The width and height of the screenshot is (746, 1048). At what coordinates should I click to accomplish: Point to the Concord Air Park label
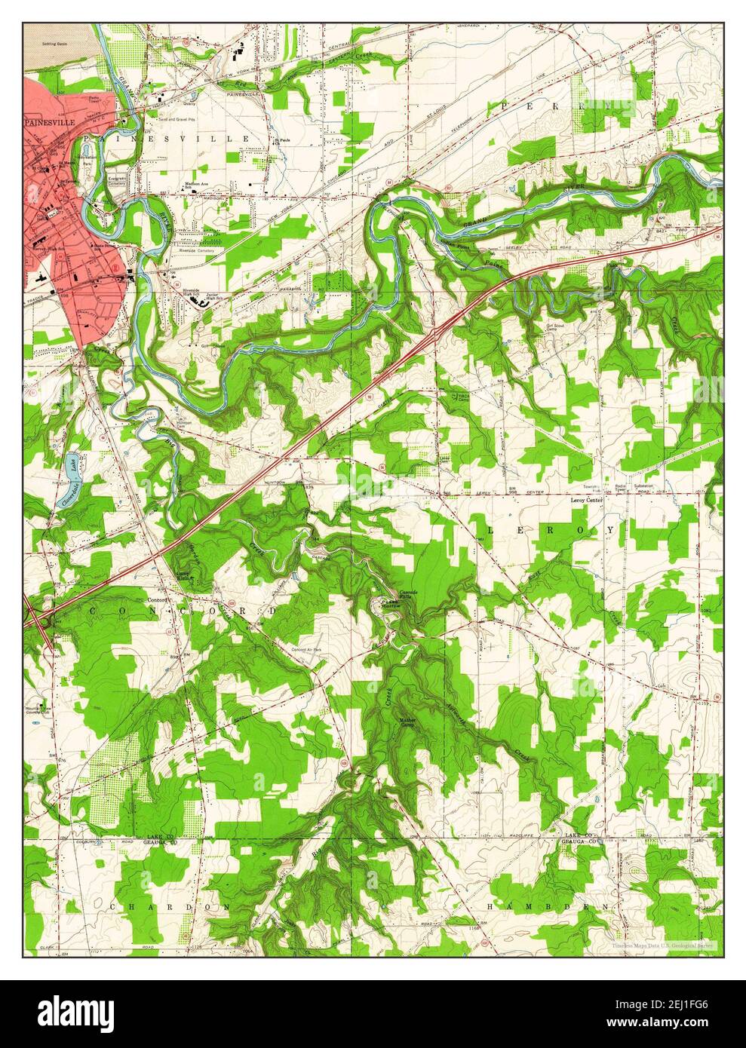tap(307, 648)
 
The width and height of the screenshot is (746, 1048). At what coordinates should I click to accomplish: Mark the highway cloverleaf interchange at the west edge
tap(37, 620)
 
